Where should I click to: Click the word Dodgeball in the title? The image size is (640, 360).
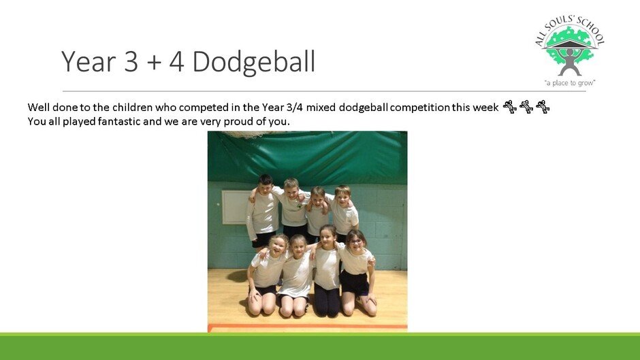point(253,62)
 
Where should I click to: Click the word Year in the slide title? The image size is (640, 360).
point(89,61)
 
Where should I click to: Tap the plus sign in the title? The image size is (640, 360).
point(153,63)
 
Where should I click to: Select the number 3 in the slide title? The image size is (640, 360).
point(131,61)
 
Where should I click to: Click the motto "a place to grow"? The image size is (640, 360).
point(570,83)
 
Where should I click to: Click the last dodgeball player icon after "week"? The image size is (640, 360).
point(543,107)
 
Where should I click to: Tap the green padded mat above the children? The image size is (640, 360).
point(307,158)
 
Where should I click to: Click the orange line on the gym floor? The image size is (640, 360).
point(307,326)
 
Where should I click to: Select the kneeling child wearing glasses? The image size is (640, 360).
point(357,272)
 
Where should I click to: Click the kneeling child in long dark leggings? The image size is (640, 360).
point(327,271)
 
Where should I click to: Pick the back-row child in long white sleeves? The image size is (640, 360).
point(262,212)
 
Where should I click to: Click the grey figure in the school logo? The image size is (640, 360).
point(570,61)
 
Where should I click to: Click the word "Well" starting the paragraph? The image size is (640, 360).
point(38,108)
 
